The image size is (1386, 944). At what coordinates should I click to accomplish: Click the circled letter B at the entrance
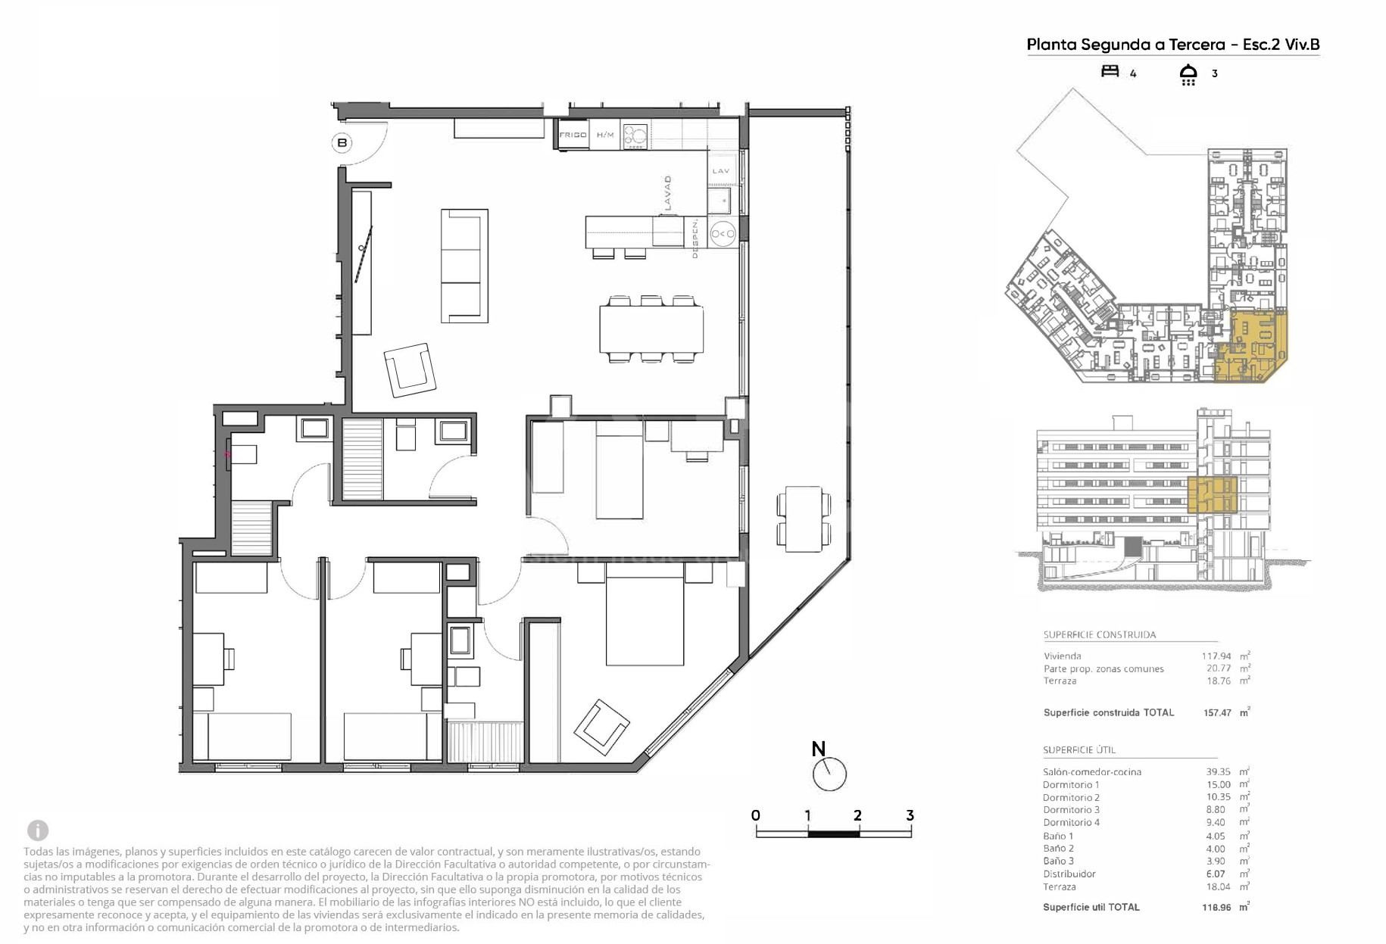(342, 142)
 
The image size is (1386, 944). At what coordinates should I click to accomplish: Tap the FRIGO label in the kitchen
(573, 135)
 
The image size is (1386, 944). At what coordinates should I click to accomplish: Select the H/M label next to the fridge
(605, 135)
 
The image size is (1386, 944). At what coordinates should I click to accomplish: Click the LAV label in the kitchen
(721, 171)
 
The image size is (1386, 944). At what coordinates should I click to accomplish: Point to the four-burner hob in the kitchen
(635, 136)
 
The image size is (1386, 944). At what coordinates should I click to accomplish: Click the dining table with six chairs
(651, 329)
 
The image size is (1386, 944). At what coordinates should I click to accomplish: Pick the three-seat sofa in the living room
(464, 266)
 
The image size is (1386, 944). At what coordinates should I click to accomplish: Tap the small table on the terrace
(804, 519)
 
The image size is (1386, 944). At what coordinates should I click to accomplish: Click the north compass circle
(829, 774)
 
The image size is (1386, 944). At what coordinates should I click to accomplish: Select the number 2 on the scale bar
(857, 815)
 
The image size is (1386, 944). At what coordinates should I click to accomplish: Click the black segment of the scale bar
(834, 834)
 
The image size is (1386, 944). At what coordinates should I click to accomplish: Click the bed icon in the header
(1110, 71)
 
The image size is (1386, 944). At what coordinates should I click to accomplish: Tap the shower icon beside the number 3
(1188, 74)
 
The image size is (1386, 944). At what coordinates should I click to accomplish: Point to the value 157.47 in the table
(1217, 713)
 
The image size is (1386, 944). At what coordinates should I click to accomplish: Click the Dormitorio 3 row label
(1071, 810)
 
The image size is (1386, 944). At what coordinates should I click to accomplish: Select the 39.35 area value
(1218, 772)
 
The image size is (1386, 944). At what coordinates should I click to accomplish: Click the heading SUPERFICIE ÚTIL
(1079, 750)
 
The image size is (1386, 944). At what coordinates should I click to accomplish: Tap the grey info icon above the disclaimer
(38, 830)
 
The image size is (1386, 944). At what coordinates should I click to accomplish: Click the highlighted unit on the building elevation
(1212, 494)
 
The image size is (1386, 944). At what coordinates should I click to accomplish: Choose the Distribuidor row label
(1069, 874)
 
